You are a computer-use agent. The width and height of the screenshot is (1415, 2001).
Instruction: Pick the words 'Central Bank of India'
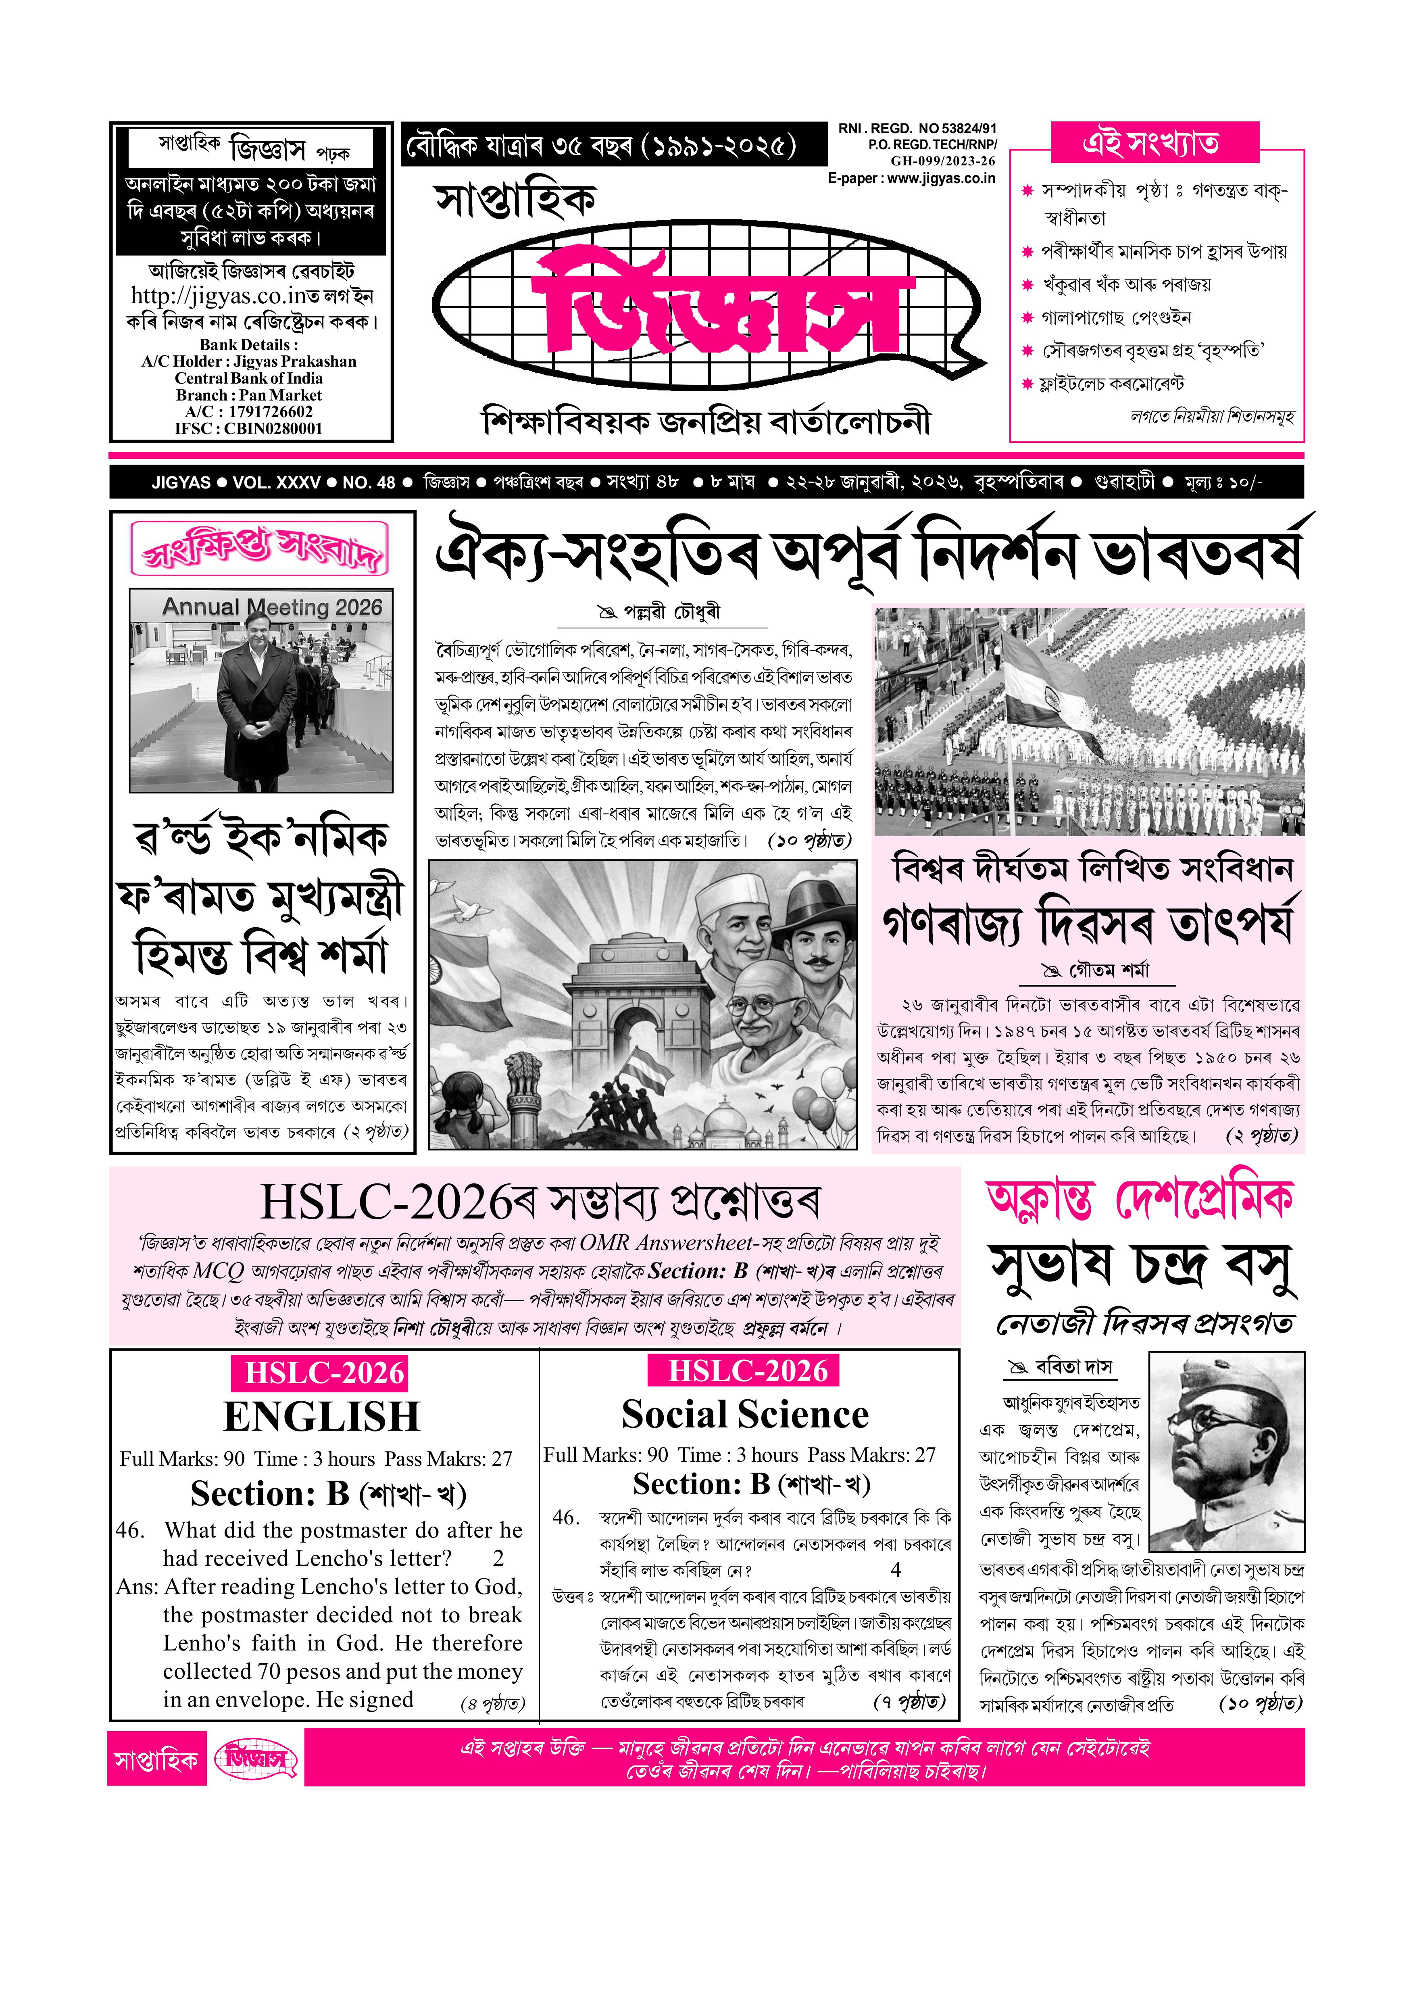(x=248, y=378)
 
